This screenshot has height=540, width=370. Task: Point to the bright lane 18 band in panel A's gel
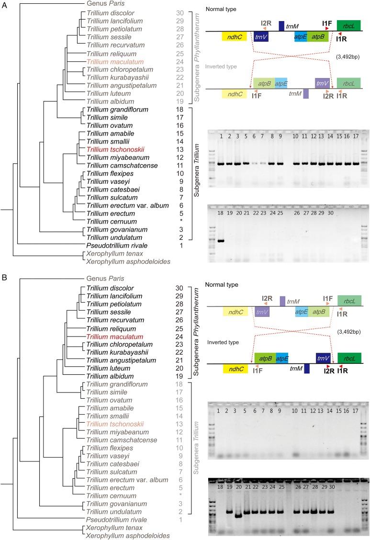tap(221, 240)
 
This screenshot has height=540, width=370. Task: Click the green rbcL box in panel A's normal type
tap(349, 25)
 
